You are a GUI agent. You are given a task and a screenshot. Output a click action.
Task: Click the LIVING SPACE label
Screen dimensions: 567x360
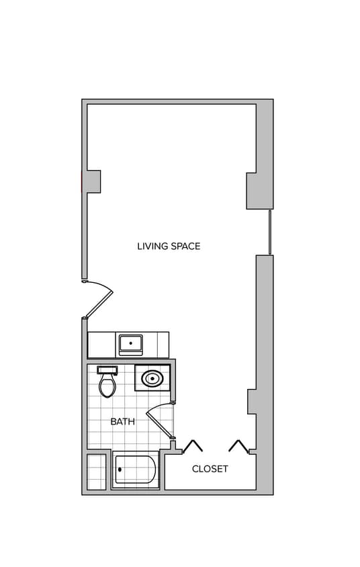coord(169,247)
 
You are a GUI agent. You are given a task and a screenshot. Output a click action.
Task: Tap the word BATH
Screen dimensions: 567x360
coord(122,422)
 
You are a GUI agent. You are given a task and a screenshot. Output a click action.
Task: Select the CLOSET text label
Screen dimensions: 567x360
coord(210,469)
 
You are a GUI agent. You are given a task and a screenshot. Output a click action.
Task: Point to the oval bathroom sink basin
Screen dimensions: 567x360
coord(152,379)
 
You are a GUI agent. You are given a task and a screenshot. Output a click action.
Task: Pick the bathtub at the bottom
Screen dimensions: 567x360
coord(135,470)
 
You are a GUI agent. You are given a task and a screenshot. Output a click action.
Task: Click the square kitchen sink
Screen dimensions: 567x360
coord(130,345)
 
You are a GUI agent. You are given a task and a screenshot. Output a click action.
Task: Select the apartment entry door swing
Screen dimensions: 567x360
coord(99,299)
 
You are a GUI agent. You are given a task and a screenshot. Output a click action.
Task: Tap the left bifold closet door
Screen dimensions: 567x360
coord(193,446)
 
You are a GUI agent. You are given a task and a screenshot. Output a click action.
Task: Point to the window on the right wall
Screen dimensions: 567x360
coord(270,232)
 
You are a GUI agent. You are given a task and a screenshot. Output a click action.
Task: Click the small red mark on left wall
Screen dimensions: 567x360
coord(82,181)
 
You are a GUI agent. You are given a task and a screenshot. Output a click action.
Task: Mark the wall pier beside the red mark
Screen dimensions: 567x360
coord(93,181)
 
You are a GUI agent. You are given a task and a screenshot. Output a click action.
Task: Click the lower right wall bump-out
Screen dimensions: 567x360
coord(252,401)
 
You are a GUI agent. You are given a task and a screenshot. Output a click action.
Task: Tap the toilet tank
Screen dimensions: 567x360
coord(107,369)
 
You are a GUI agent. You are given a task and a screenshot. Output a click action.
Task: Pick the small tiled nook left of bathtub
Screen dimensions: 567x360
coord(97,472)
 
